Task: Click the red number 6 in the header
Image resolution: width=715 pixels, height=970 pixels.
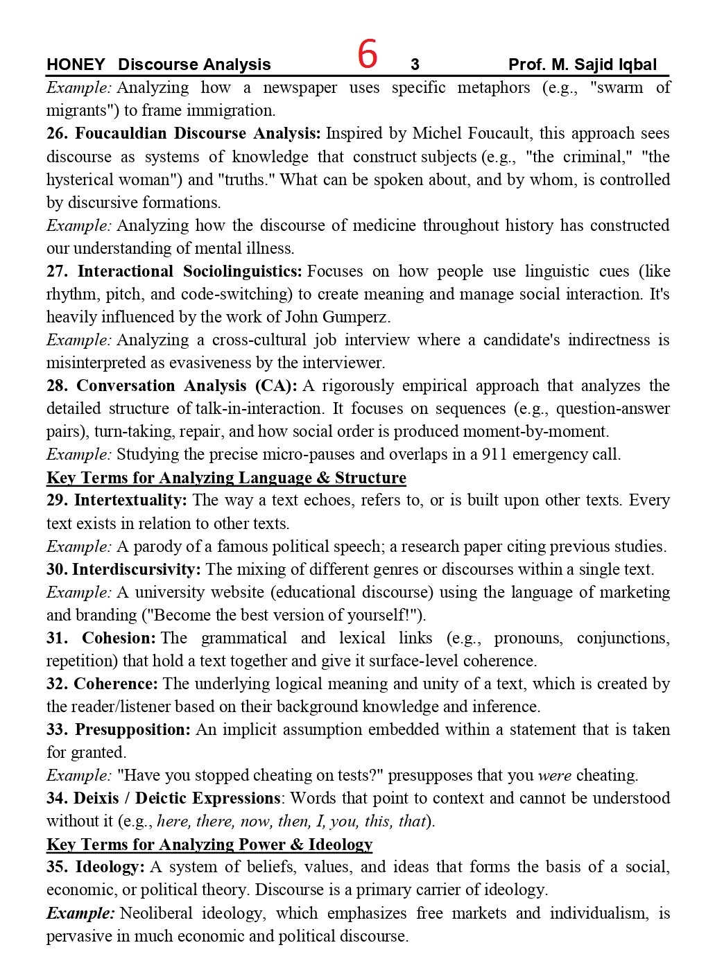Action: pyautogui.click(x=368, y=55)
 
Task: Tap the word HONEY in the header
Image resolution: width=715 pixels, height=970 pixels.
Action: pyautogui.click(x=76, y=65)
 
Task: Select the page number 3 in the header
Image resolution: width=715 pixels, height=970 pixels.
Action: pyautogui.click(x=415, y=65)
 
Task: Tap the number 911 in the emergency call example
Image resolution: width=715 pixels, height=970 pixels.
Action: pyautogui.click(x=481, y=455)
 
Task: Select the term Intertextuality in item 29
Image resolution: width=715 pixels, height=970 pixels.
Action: pyautogui.click(x=130, y=501)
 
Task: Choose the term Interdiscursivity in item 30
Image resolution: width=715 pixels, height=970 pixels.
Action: pyautogui.click(x=136, y=570)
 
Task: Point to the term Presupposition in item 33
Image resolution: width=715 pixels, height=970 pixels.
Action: pyautogui.click(x=132, y=730)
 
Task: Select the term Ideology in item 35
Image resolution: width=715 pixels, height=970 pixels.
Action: pyautogui.click(x=110, y=867)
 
